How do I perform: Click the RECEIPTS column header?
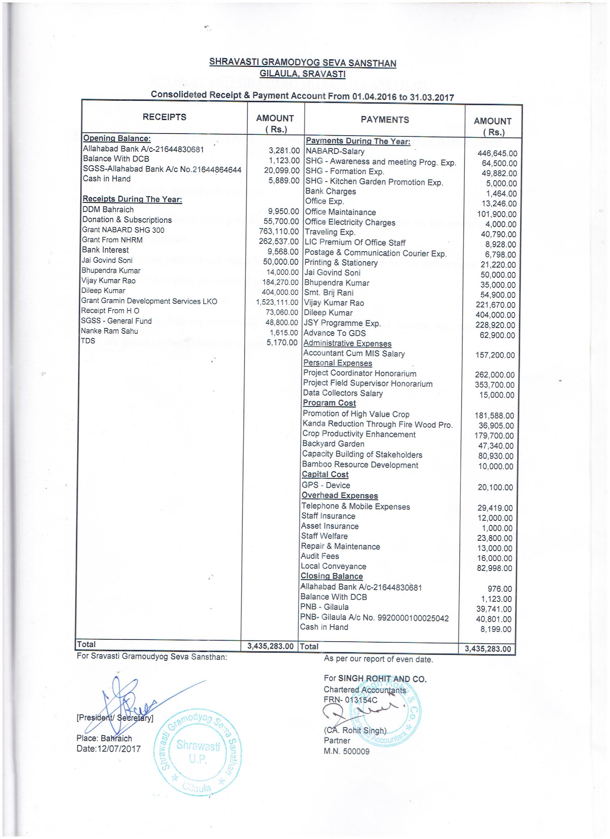164,117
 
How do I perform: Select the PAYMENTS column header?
385,119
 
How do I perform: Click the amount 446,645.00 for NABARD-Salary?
497,154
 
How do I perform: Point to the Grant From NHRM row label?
112,240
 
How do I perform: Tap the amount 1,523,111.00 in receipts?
277,302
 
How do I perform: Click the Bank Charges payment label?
330,191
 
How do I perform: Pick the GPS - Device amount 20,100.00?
495,487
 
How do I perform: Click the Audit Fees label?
320,556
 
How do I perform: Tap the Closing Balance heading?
332,576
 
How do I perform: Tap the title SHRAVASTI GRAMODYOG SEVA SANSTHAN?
302,62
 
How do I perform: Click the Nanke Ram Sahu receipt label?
109,331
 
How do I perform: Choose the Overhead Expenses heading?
339,495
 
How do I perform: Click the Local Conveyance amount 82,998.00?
494,568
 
